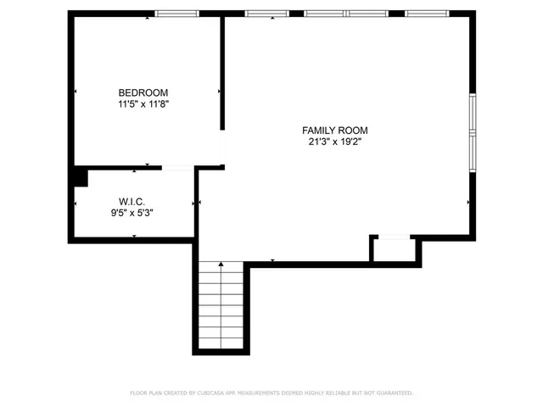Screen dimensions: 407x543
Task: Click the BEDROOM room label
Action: coord(143,92)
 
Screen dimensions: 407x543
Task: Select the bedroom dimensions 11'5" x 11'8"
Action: coord(143,104)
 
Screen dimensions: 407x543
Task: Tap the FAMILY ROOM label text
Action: coord(335,131)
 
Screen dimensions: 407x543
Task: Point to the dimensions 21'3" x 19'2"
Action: coord(335,142)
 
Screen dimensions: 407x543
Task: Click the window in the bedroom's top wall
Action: coord(176,14)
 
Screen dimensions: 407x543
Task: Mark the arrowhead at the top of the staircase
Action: coord(221,265)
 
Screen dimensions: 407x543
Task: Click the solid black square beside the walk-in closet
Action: coord(79,176)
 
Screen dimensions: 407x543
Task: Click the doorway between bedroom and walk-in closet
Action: coord(177,168)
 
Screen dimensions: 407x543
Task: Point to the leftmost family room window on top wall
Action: coord(266,14)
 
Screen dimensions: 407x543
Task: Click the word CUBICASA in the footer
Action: coord(212,393)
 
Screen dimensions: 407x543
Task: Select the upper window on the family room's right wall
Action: coord(473,114)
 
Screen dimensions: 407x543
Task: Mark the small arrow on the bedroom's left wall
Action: coord(76,91)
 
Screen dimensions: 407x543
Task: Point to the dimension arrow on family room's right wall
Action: coord(468,202)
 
